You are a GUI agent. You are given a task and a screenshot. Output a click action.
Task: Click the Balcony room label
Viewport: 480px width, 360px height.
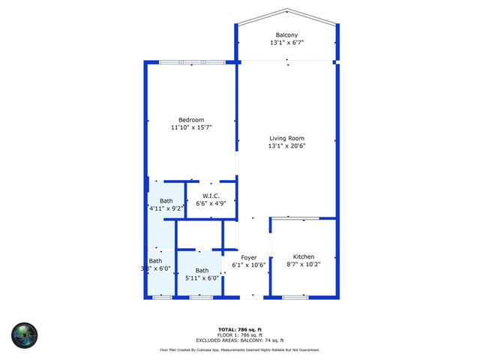coord(286,35)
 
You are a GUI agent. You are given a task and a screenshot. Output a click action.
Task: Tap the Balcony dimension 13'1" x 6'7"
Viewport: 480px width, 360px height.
coord(286,43)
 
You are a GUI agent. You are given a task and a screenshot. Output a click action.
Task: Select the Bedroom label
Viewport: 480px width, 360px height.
coord(190,120)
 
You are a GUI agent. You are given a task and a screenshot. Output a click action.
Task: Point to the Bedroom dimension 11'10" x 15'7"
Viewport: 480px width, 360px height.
coord(190,127)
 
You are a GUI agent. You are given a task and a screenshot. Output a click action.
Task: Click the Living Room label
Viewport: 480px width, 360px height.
coord(286,138)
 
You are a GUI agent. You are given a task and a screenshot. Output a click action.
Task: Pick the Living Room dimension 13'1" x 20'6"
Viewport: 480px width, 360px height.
coord(286,145)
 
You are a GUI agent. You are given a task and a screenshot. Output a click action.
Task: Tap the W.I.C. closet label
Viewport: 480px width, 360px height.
coord(210,196)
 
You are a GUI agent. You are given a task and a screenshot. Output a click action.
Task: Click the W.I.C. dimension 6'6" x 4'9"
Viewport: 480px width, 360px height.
coord(210,203)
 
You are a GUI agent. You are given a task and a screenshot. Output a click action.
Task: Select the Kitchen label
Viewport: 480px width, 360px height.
coord(304,256)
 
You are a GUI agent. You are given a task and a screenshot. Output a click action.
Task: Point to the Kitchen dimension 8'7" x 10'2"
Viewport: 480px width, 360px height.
coord(304,264)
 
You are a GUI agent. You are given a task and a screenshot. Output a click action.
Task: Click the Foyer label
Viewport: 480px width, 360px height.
coord(249,257)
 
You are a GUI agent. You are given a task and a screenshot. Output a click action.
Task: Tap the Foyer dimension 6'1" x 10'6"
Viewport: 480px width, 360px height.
coord(249,265)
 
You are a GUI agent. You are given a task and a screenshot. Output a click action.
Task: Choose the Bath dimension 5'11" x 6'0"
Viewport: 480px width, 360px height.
coord(202,277)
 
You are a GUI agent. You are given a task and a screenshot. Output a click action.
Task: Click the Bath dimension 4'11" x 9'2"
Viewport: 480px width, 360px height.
coord(166,208)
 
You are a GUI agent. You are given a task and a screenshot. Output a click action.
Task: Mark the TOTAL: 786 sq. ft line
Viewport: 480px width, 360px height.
coord(239,330)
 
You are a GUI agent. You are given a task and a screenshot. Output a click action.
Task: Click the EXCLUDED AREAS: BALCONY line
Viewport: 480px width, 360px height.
coord(239,340)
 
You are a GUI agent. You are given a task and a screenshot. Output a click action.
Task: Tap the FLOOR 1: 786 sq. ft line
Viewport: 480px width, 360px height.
coord(239,335)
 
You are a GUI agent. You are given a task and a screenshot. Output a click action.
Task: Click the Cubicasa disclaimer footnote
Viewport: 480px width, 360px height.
coord(239,349)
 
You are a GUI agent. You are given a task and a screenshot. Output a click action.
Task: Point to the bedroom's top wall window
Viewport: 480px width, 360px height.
coord(192,61)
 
